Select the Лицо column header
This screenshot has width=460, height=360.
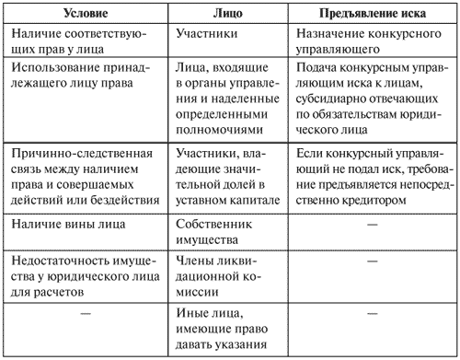coord(228,14)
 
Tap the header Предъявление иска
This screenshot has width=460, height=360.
coord(370,14)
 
